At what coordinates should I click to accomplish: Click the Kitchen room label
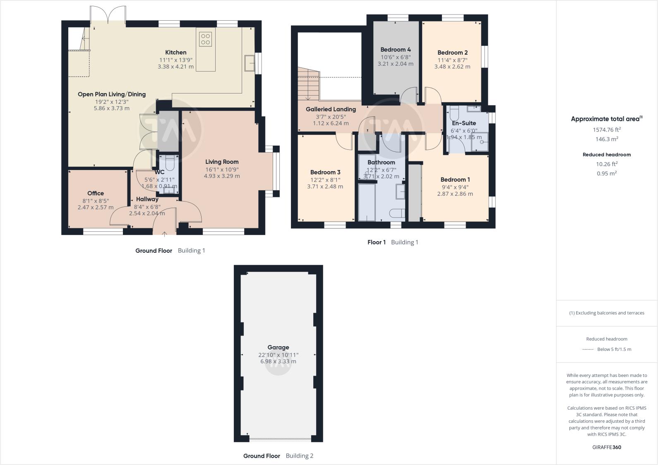(x=175, y=53)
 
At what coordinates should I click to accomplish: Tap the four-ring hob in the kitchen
(x=206, y=39)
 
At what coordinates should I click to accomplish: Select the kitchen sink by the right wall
(x=250, y=63)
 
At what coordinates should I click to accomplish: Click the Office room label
(x=96, y=193)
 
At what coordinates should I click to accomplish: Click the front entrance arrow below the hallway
(x=164, y=234)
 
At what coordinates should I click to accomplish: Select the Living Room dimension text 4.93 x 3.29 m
(x=222, y=176)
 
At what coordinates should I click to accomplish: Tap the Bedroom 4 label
(x=396, y=50)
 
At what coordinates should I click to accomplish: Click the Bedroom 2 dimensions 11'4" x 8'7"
(x=452, y=60)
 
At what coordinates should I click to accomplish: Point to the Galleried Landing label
(x=331, y=109)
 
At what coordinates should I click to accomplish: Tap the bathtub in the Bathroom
(x=367, y=203)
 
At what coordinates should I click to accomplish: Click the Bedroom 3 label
(x=325, y=173)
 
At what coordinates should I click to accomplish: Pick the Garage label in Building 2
(x=278, y=348)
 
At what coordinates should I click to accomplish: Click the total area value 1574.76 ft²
(x=607, y=129)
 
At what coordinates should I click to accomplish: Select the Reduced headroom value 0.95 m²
(x=607, y=173)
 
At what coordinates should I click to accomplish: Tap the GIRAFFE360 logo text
(x=607, y=447)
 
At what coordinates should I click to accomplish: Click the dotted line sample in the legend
(x=588, y=349)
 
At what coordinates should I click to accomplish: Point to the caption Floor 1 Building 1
(x=393, y=242)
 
